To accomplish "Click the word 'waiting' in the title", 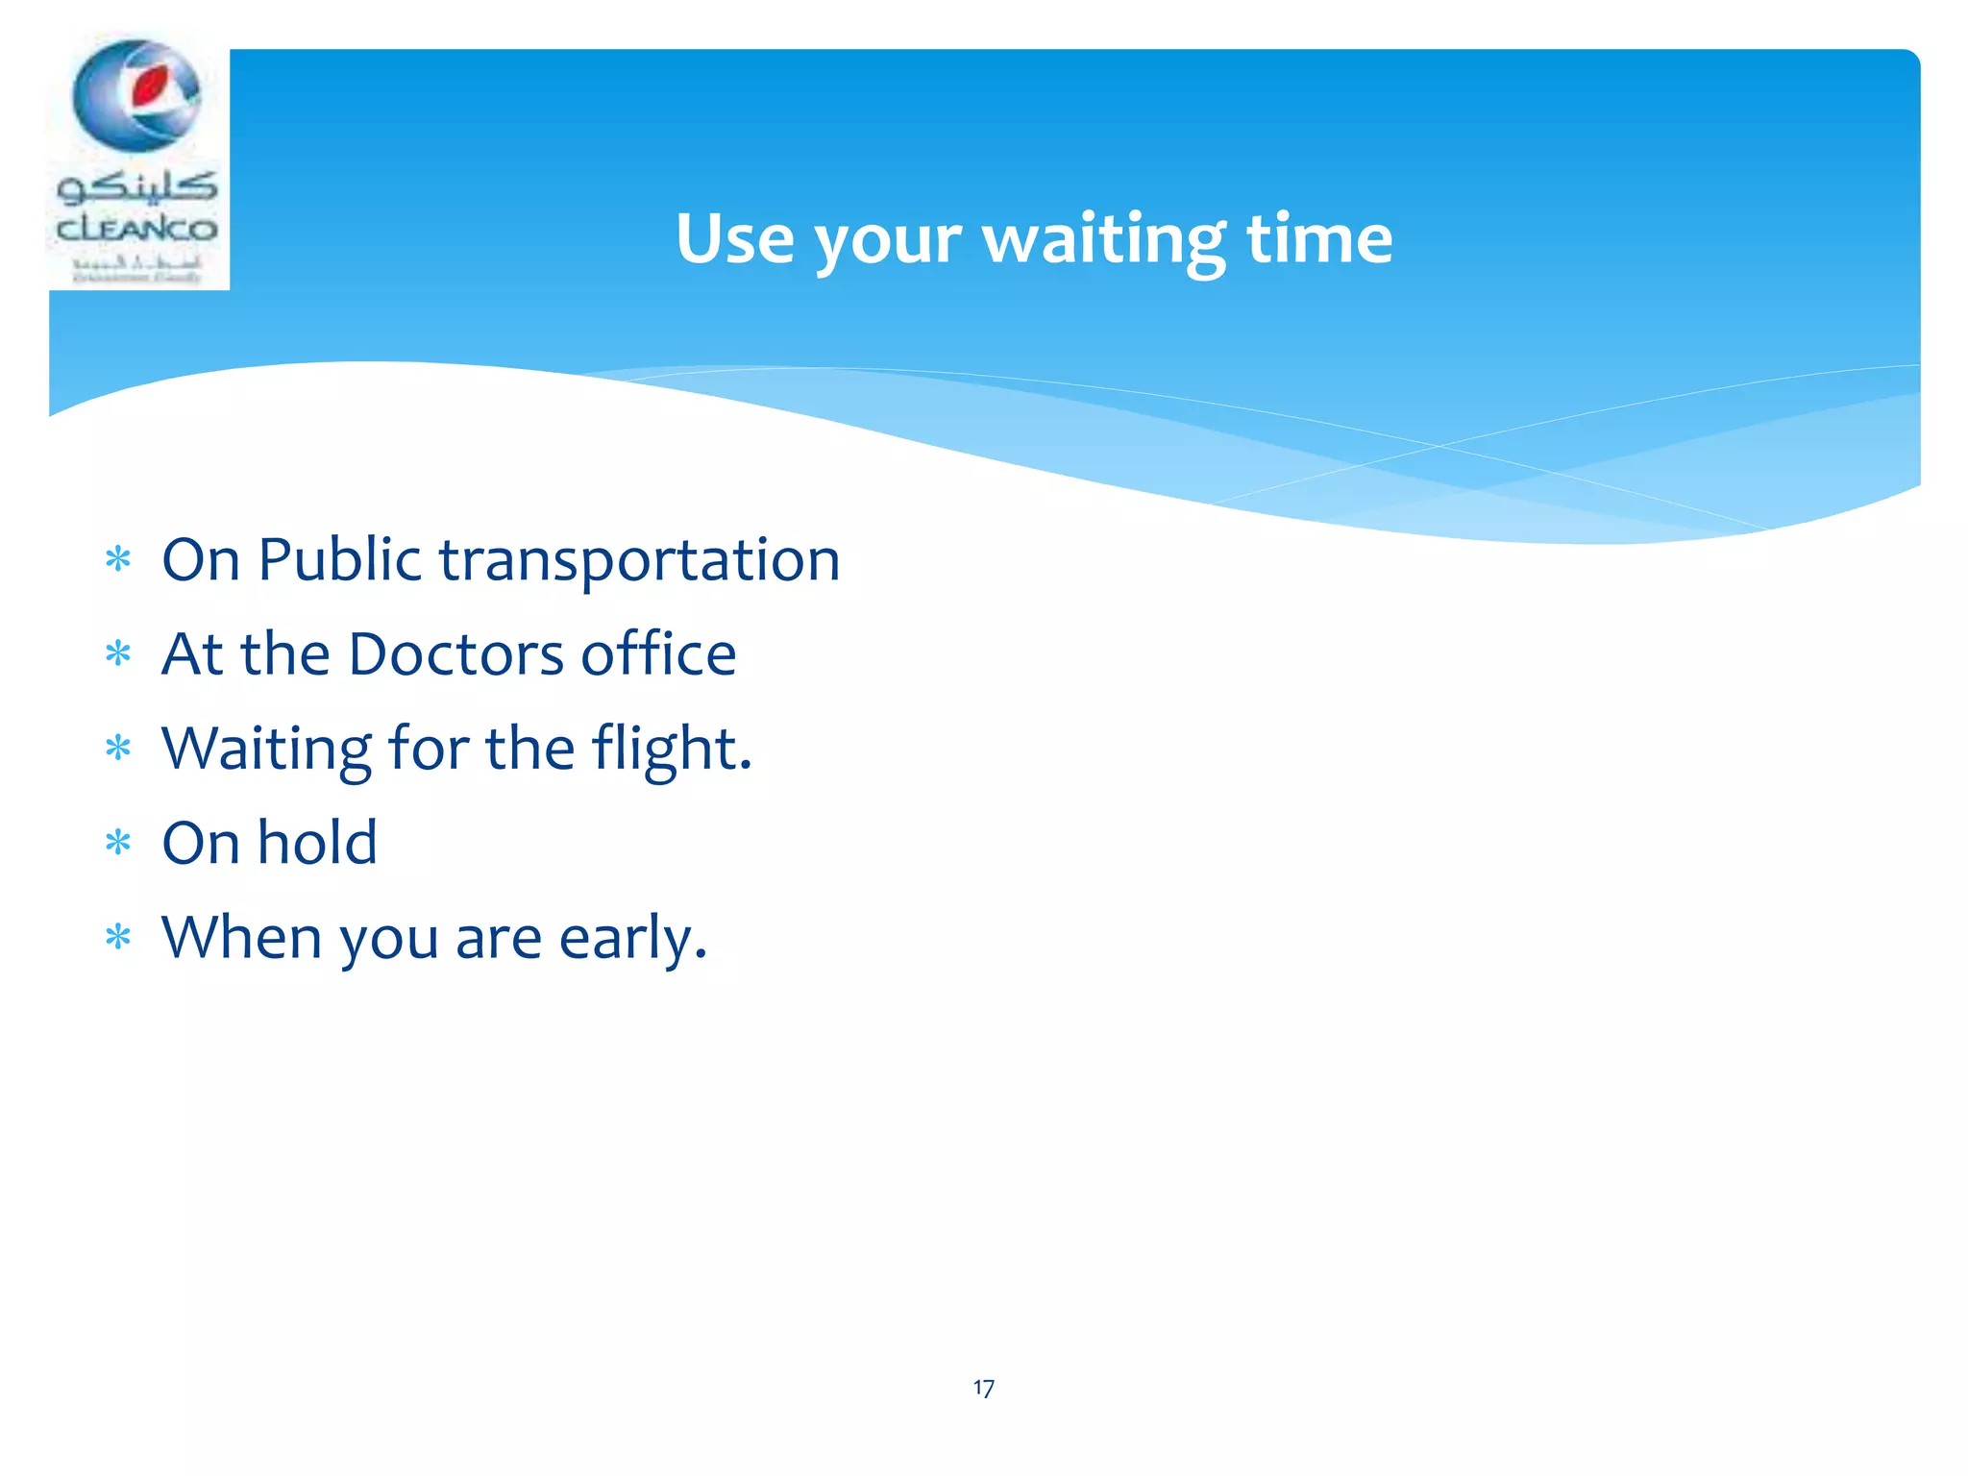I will coord(1102,239).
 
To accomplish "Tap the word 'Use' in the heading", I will coord(734,239).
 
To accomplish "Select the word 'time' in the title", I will coord(1318,239).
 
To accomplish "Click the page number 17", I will coord(983,1389).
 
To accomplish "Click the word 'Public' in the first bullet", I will coord(339,560).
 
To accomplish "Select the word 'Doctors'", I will coord(456,654).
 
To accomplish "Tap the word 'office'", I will coord(658,654).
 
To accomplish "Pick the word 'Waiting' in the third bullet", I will coord(266,750).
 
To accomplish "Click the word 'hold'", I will coord(317,843).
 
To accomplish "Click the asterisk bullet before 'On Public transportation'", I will coord(118,559).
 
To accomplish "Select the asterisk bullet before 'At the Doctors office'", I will coord(118,654).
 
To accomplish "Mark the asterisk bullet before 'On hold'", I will coord(118,844).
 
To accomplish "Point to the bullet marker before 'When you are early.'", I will coord(118,937).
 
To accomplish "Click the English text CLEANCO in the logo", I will coord(137,230).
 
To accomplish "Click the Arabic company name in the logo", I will coord(137,185).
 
